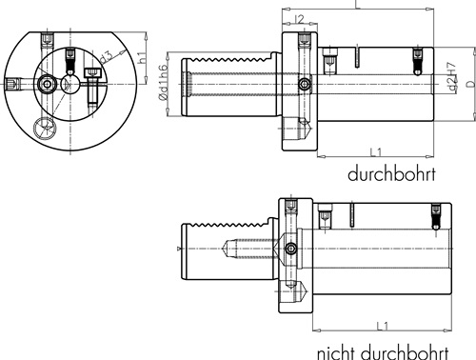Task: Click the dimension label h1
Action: tap(143, 57)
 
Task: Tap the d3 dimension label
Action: tap(106, 57)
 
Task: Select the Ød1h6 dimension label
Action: tap(163, 83)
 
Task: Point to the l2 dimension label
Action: tap(299, 19)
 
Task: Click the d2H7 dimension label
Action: tap(451, 76)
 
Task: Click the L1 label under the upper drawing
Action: tap(376, 152)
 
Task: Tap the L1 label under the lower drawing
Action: tap(383, 326)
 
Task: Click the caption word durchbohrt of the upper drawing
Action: tap(391, 174)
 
